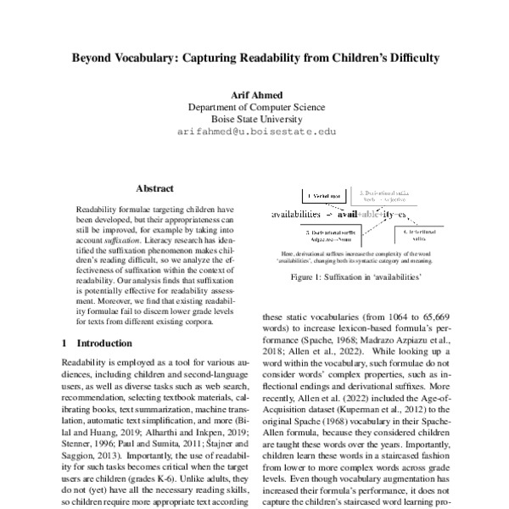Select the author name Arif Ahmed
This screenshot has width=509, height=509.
[255, 94]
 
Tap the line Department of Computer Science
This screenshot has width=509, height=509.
[255, 107]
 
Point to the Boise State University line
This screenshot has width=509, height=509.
[255, 120]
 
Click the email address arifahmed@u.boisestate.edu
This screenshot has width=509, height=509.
[255, 132]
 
